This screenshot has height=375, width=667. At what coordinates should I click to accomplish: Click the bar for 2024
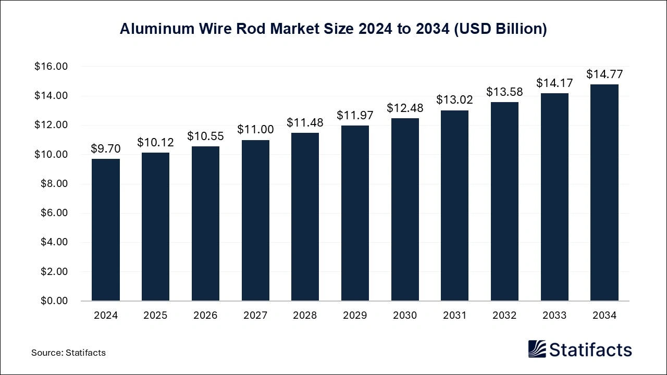[105, 230]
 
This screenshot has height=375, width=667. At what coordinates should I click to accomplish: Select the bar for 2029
[355, 213]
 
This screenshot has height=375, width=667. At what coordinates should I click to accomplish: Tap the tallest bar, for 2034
[604, 193]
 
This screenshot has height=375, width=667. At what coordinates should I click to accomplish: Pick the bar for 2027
[255, 220]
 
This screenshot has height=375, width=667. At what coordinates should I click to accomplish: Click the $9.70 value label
[105, 149]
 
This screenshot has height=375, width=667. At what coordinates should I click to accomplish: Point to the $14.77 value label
[604, 74]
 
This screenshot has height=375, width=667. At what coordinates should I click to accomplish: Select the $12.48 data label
[405, 108]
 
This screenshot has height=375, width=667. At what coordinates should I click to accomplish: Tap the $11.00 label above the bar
[255, 130]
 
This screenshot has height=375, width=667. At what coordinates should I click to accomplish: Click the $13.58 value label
[504, 92]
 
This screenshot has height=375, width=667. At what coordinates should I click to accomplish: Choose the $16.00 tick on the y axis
[51, 67]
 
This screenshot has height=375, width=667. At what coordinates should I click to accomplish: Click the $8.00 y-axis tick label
[54, 184]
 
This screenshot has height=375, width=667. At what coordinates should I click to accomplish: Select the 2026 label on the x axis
[205, 316]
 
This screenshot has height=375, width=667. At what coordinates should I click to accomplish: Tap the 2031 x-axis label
[455, 316]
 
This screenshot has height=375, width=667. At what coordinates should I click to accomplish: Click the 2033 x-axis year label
[554, 316]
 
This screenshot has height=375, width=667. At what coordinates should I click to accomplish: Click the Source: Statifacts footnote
[68, 353]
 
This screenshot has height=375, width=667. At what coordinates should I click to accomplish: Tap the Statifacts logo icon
[537, 349]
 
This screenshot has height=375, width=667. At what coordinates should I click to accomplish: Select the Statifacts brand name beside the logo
[591, 349]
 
